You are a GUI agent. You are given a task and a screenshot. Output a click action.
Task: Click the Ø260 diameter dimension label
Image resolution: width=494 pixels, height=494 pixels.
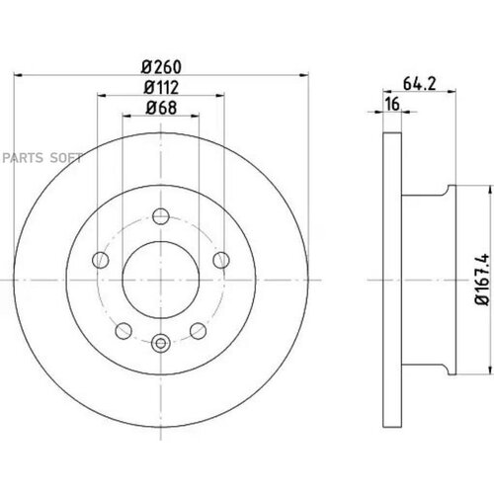(x=161, y=67)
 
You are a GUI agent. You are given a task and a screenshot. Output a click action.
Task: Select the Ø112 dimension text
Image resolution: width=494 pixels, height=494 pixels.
(x=161, y=87)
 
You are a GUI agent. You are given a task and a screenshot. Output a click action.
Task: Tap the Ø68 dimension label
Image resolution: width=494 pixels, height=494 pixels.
(x=161, y=108)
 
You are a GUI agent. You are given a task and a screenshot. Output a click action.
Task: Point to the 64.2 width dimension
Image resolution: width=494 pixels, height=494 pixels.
(x=419, y=84)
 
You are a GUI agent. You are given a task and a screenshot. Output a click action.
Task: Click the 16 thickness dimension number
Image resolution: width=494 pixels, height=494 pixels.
(x=392, y=104)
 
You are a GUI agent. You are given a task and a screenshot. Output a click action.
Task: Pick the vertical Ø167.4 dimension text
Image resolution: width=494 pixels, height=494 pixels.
(x=481, y=280)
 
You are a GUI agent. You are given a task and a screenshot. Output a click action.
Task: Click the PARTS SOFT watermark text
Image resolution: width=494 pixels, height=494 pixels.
(x=42, y=158)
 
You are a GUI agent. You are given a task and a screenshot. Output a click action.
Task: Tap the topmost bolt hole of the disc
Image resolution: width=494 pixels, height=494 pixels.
(x=161, y=216)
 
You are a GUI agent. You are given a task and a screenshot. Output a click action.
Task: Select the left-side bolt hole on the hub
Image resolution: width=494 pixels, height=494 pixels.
(x=101, y=260)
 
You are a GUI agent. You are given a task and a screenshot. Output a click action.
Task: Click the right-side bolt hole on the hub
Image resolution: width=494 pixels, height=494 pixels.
(x=221, y=260)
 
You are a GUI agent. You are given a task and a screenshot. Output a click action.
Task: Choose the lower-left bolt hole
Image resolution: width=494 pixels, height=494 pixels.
(x=123, y=331)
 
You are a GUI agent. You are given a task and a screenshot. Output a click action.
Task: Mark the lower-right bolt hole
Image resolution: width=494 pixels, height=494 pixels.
(x=199, y=331)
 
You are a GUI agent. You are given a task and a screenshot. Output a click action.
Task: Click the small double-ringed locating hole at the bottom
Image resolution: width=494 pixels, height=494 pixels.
(x=161, y=343)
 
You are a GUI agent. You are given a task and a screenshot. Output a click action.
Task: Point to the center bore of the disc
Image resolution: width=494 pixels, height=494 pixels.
(x=161, y=280)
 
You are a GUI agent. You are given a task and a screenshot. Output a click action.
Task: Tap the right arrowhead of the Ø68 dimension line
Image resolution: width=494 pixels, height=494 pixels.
(x=196, y=116)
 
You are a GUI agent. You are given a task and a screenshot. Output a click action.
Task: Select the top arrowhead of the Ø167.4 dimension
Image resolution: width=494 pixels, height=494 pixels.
(x=491, y=190)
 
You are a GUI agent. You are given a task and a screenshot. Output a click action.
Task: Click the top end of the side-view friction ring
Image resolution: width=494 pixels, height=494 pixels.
(x=392, y=132)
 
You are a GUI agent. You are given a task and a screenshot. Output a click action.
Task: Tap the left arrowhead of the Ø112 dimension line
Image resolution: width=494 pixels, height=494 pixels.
(x=102, y=96)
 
